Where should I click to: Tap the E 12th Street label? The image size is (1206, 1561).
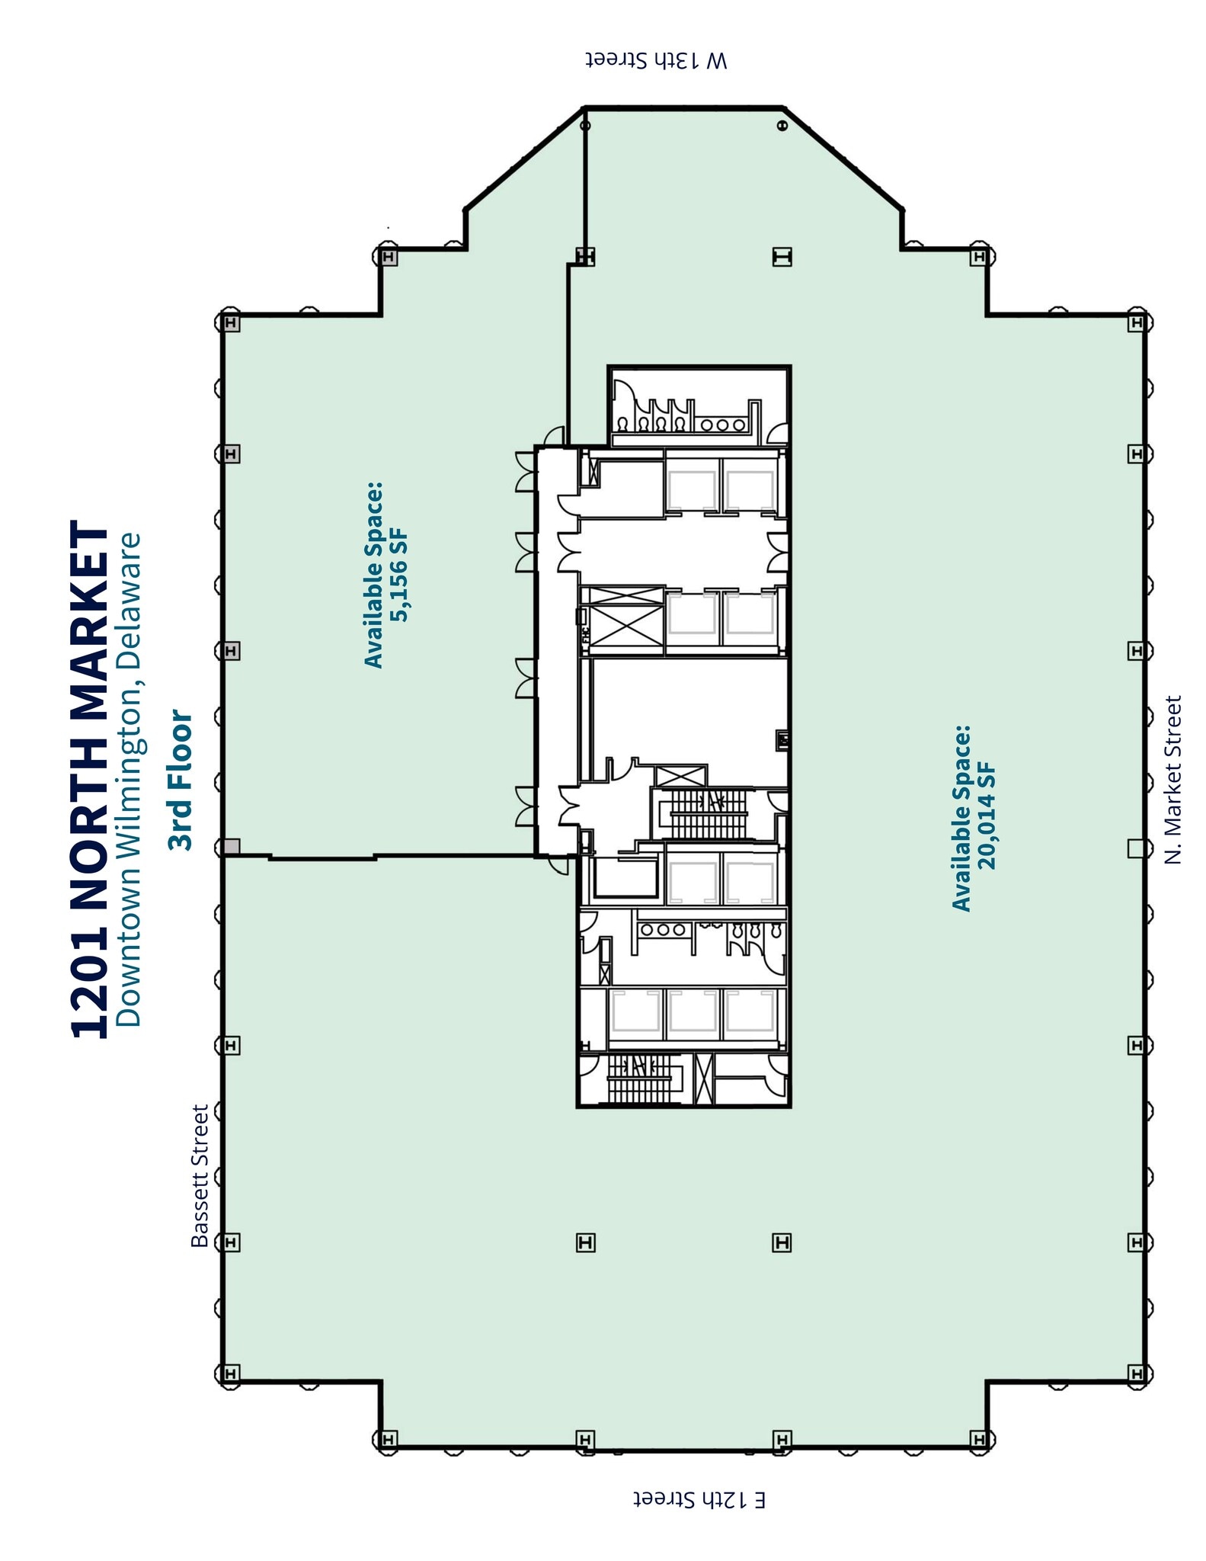(699, 1499)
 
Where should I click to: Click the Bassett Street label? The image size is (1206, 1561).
(200, 1175)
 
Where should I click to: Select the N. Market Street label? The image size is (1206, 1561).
(1173, 779)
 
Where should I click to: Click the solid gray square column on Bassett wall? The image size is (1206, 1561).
(232, 847)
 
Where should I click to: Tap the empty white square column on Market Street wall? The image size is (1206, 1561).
(1135, 848)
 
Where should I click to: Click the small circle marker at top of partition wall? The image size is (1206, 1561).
(585, 126)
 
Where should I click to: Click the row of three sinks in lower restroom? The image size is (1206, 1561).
(663, 930)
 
